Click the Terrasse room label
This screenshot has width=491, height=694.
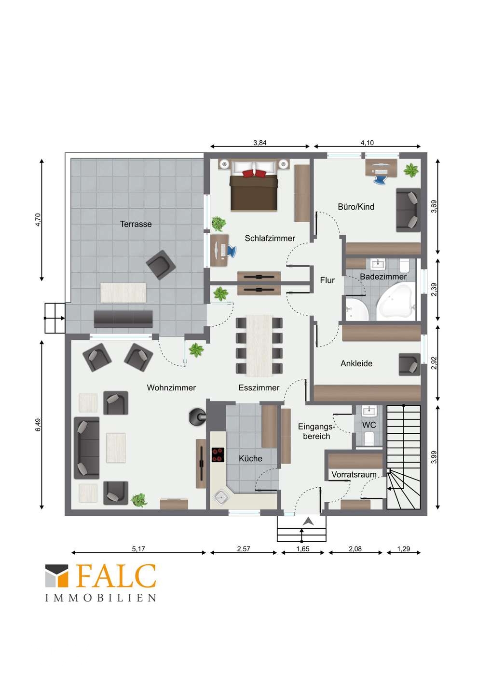click(x=136, y=224)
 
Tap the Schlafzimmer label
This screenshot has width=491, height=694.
click(x=270, y=238)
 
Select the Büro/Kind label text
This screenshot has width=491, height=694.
click(x=356, y=207)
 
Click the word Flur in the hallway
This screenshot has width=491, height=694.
click(x=327, y=280)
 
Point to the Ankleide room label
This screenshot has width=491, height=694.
click(x=356, y=363)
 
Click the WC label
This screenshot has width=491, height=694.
click(x=369, y=425)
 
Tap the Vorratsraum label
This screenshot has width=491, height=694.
click(x=354, y=475)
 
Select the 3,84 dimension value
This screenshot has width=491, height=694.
click(x=260, y=143)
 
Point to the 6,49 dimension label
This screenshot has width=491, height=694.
click(x=38, y=425)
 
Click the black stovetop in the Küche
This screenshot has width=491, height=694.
click(x=218, y=455)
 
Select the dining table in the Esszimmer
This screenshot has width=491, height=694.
click(x=259, y=346)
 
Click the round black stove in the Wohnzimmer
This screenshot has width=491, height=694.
click(x=197, y=417)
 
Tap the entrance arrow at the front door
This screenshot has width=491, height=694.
click(x=308, y=521)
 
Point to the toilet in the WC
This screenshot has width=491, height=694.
click(x=369, y=439)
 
